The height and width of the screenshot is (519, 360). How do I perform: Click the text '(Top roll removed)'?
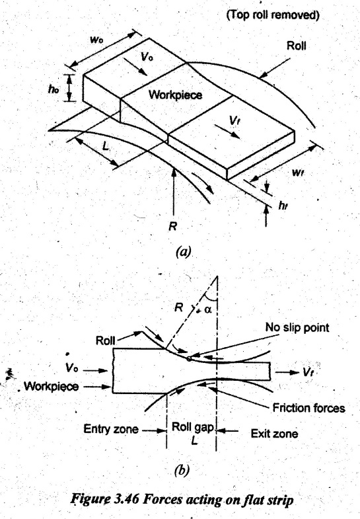pos(273,15)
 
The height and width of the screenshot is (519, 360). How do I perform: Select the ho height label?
pos(54,89)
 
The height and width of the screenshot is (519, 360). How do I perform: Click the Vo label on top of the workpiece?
pos(147,57)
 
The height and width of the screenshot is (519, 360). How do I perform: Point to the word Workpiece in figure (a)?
pos(175,95)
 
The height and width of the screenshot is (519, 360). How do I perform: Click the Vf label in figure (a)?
pos(234,121)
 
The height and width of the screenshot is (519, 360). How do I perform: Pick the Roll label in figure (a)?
pos(296,46)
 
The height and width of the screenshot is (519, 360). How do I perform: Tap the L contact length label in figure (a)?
pos(105,145)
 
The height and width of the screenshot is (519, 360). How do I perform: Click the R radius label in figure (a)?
pos(172,226)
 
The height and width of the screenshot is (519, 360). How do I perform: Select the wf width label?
pos(298,173)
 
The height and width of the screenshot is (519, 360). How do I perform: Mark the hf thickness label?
pos(282,206)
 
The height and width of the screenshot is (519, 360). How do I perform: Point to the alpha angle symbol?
pos(207,309)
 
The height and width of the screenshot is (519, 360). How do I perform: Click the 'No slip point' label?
pos(297,328)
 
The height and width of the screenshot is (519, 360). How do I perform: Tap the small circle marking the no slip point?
pos(189,358)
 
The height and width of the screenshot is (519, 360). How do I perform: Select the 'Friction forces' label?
pos(308,408)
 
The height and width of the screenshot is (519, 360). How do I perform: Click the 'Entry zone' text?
pos(111,429)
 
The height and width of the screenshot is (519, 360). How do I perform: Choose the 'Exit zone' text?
pos(274,434)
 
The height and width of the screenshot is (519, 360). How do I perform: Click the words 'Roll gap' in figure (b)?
pos(192,427)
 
